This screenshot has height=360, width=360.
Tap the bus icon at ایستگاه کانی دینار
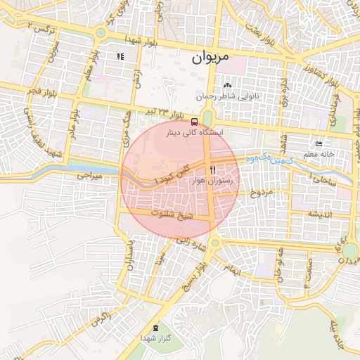tap(194, 121)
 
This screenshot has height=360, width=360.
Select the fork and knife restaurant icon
tap(213, 169)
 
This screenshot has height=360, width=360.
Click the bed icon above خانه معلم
tap(319, 143)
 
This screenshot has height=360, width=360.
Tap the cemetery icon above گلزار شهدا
tap(155, 328)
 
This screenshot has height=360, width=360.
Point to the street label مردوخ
tap(261, 191)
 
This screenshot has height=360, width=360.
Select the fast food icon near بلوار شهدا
tap(121, 56)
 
